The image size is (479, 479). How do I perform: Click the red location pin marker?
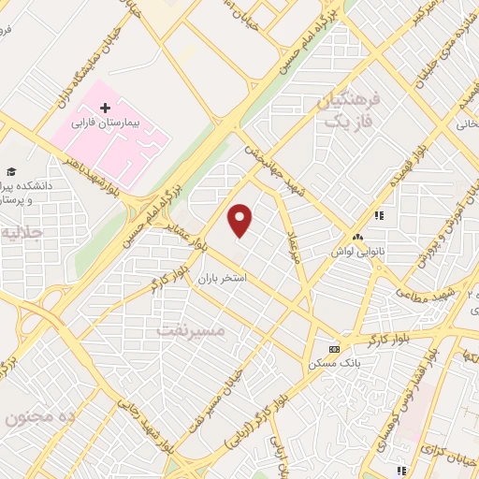click(x=240, y=220)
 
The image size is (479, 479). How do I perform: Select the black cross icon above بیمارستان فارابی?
click(x=105, y=109)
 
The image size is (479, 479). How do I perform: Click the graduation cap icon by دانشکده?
click(x=11, y=171)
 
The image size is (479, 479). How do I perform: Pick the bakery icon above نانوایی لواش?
click(x=358, y=237)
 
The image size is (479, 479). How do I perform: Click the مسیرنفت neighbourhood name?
click(x=191, y=330)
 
